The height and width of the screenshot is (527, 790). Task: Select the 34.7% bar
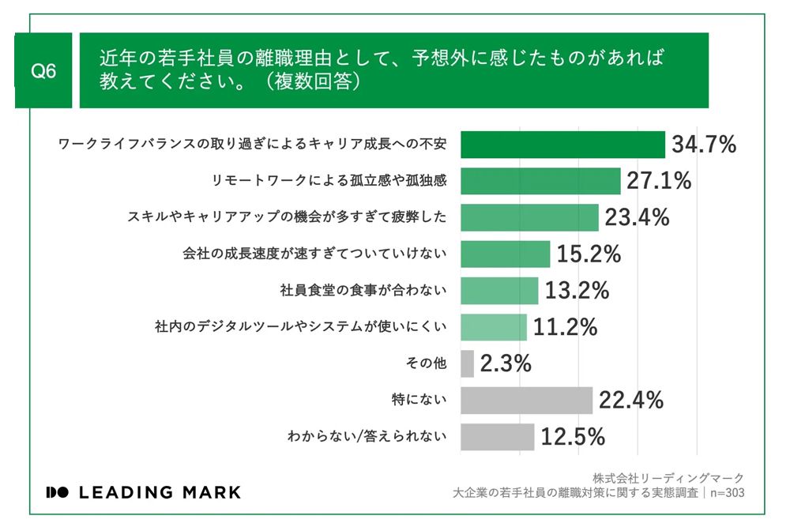(562, 145)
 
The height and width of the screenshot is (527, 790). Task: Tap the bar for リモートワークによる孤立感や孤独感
(540, 181)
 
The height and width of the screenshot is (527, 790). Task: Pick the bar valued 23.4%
(529, 217)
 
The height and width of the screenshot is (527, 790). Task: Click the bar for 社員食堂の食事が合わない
(499, 291)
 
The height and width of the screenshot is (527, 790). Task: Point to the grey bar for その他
(467, 363)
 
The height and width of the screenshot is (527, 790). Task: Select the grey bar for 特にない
(526, 401)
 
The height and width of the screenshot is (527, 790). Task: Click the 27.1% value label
(659, 181)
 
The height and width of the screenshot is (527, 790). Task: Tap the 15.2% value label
(588, 254)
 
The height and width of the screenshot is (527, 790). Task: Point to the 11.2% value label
(564, 327)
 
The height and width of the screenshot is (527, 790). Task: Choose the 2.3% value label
(506, 363)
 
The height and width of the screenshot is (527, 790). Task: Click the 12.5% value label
(573, 436)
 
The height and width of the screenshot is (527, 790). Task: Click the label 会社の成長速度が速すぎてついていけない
(315, 254)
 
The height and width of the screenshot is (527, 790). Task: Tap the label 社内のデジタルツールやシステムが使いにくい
(301, 327)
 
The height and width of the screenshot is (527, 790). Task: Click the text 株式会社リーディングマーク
(668, 478)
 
